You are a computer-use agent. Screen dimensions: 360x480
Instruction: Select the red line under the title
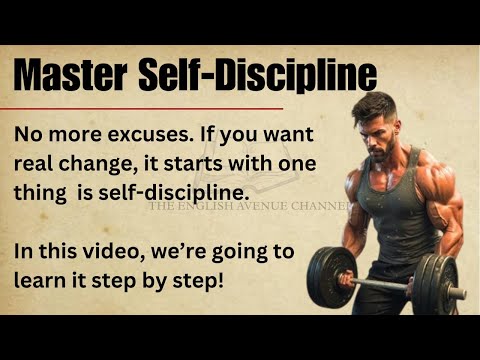coord(149,107)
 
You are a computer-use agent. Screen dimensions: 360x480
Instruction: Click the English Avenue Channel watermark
coord(250,207)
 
